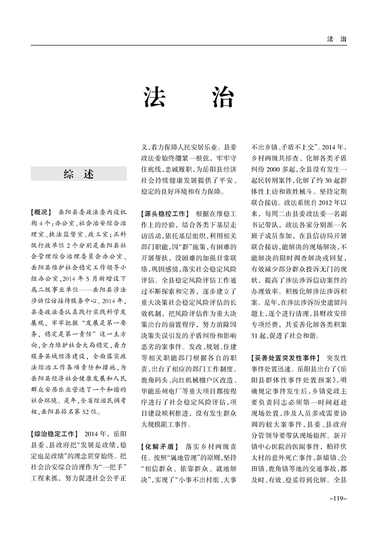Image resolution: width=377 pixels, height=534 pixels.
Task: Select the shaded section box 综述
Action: (78, 174)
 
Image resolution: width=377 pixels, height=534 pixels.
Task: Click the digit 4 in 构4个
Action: (42, 222)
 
